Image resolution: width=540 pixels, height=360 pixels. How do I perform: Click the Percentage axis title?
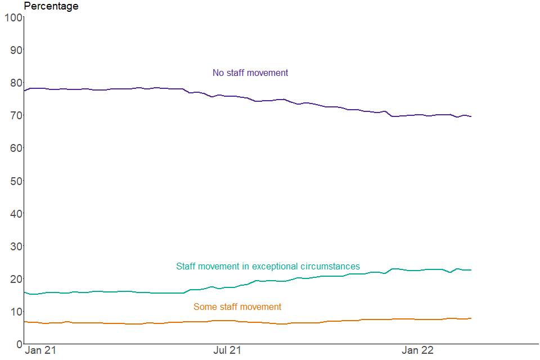[51, 6]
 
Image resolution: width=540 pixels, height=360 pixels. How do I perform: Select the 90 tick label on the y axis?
[15, 50]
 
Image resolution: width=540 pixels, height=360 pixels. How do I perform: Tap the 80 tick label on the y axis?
[15, 83]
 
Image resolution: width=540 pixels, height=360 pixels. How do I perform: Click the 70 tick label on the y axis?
[15, 115]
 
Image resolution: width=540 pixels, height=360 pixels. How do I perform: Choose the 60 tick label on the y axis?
[15, 148]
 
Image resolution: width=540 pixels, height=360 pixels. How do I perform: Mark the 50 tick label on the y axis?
[15, 181]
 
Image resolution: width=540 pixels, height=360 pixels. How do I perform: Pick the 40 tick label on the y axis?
[15, 213]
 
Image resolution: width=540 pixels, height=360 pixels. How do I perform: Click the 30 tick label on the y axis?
[15, 246]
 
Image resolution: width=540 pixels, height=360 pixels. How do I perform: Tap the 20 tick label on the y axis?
[15, 278]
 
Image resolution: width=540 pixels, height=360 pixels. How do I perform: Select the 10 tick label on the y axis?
[15, 311]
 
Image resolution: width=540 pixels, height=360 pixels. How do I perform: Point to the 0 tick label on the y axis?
[19, 344]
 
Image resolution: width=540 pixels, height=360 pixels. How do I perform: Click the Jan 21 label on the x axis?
[41, 350]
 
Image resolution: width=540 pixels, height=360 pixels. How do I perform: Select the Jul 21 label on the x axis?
[227, 350]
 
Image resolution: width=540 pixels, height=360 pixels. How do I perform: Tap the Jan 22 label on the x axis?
[417, 350]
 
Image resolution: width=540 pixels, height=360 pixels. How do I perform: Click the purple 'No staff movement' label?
[250, 73]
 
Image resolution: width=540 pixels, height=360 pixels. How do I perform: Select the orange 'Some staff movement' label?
[237, 307]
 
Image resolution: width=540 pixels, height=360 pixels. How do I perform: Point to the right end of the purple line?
[471, 116]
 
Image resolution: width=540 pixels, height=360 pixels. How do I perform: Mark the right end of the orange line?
[471, 318]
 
